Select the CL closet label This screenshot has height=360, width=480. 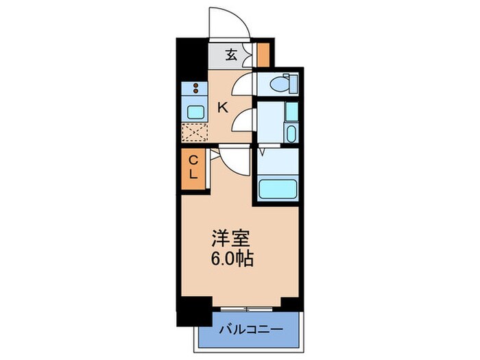click(193, 168)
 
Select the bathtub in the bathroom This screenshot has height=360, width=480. click(277, 187)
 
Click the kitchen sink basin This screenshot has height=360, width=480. click(194, 111)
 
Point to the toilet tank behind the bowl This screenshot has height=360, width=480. click(293, 84)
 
